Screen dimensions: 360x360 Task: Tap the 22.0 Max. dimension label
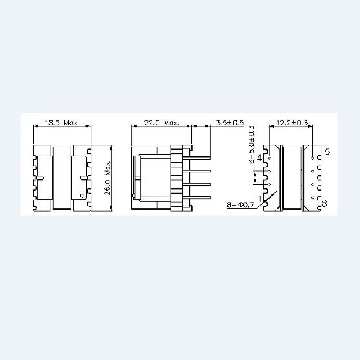pyautogui.click(x=161, y=122)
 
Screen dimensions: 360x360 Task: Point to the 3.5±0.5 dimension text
pyautogui.click(x=229, y=122)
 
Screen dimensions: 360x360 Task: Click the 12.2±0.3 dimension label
pyautogui.click(x=292, y=122)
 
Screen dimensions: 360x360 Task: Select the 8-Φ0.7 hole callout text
pyautogui.click(x=241, y=205)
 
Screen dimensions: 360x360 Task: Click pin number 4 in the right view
pyautogui.click(x=260, y=158)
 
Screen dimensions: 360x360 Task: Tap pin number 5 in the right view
pyautogui.click(x=327, y=152)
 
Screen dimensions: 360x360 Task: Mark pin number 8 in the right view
pyautogui.click(x=324, y=204)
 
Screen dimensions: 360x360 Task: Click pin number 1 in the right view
pyautogui.click(x=260, y=198)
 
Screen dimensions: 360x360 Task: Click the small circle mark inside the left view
pyautogui.click(x=81, y=196)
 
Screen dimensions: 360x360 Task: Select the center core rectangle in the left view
pyautogui.click(x=62, y=178)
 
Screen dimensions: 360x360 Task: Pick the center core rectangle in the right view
pyautogui.click(x=292, y=178)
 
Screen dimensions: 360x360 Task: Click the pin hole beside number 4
pyautogui.click(x=269, y=158)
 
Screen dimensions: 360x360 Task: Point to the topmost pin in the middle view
pyautogui.click(x=200, y=157)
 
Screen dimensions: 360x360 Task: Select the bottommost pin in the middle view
pyautogui.click(x=200, y=198)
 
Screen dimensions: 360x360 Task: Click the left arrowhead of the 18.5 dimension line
pyautogui.click(x=35, y=127)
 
